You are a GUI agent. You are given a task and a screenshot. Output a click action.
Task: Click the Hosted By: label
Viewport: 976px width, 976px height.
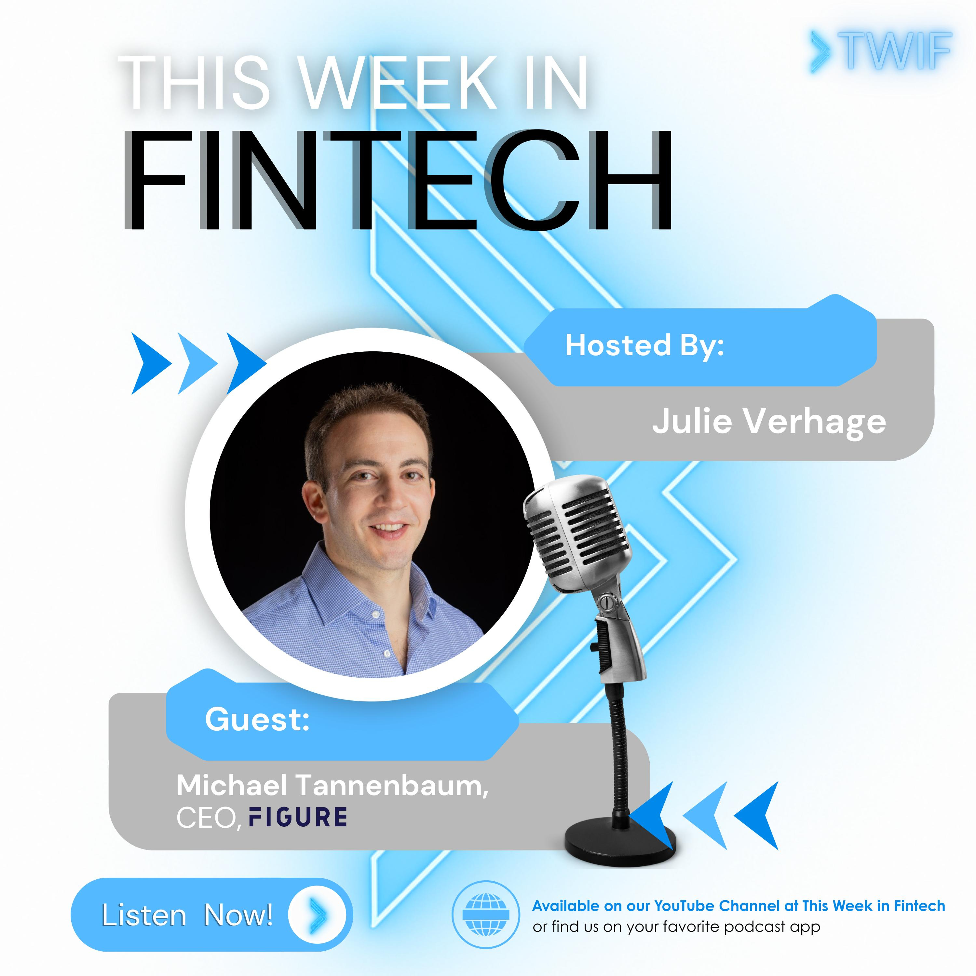pos(644,346)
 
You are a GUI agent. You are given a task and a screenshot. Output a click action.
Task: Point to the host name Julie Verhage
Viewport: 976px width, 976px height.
pos(769,421)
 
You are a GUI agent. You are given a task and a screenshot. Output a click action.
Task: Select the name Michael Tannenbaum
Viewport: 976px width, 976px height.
pos(332,786)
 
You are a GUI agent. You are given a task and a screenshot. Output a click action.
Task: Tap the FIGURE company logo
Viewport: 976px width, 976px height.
pos(298,817)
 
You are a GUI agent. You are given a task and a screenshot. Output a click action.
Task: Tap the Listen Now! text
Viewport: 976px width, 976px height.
pos(187,915)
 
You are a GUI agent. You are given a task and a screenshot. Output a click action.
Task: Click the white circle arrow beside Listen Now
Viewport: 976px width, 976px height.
pos(317,915)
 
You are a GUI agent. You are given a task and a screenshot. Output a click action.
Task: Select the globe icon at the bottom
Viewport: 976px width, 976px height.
pos(485,915)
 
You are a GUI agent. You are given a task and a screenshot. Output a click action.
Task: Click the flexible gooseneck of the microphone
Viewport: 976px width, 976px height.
pos(617,743)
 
